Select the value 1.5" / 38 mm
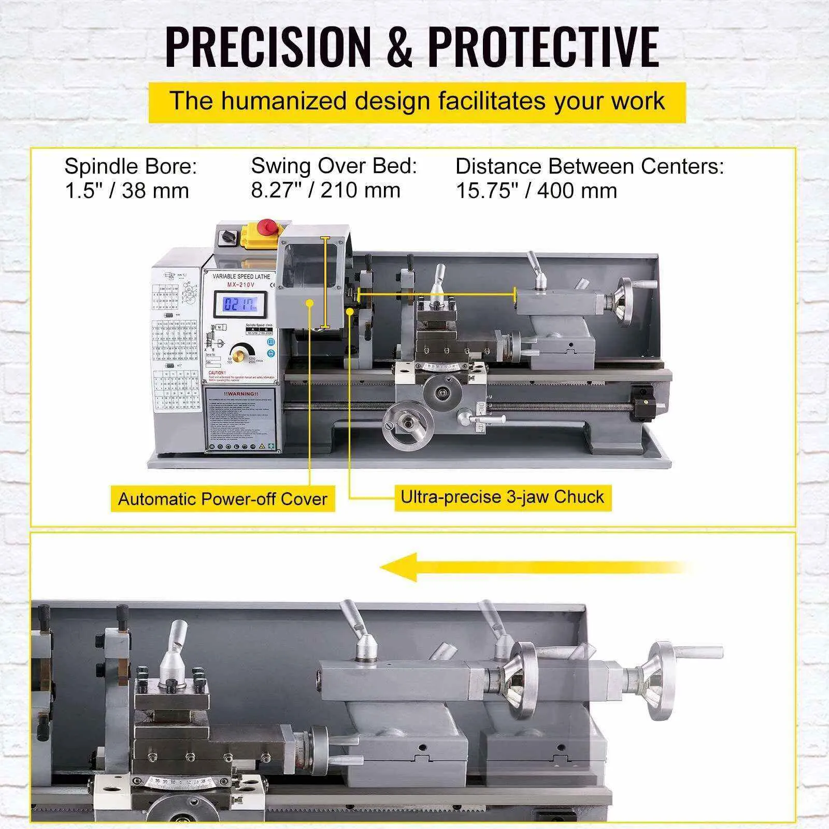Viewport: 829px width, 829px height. (x=127, y=191)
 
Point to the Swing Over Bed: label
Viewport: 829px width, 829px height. (x=334, y=166)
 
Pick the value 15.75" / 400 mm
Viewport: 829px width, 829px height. (x=536, y=191)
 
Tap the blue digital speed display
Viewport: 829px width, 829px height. (x=240, y=304)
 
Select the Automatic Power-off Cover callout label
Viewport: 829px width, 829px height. (x=223, y=499)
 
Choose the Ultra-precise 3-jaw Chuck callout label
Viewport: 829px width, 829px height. (x=503, y=497)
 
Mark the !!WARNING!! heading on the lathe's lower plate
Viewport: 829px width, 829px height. (x=241, y=394)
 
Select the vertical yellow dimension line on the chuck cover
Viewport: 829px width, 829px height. (x=325, y=282)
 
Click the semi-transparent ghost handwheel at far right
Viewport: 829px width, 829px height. (x=663, y=681)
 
